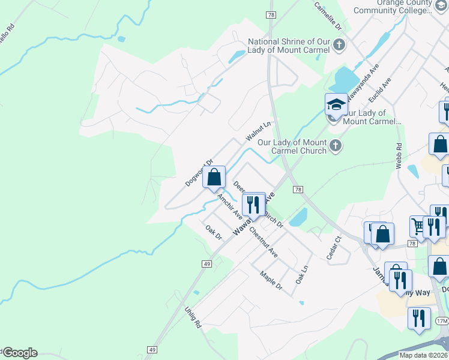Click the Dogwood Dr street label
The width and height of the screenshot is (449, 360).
click(200, 172)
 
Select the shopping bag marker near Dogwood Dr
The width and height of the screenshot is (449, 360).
click(213, 177)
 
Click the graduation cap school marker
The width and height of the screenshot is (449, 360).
click(336, 104)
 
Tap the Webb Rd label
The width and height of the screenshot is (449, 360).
click(399, 155)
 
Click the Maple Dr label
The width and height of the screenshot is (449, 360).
click(271, 281)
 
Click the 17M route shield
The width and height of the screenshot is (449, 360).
click(442, 321)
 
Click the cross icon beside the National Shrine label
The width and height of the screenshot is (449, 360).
click(339, 44)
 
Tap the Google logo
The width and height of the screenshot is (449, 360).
click(19, 353)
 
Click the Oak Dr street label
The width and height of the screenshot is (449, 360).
click(213, 233)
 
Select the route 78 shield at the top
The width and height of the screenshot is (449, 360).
click(272, 14)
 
